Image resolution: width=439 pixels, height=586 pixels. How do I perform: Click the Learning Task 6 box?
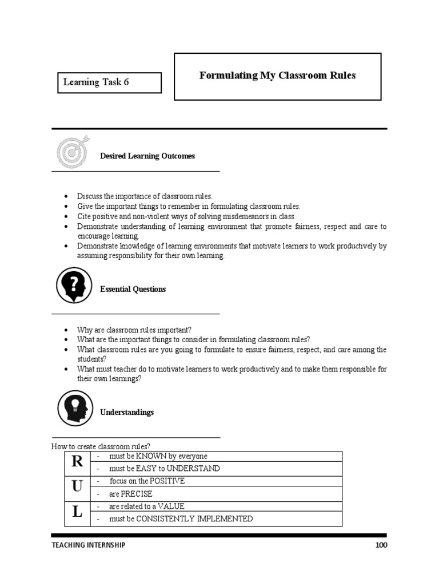click(x=109, y=82)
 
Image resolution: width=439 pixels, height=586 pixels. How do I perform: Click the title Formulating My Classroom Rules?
click(x=277, y=76)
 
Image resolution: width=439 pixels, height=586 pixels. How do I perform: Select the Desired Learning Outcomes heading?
click(x=147, y=156)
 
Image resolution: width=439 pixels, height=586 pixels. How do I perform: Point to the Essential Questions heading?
click(x=133, y=290)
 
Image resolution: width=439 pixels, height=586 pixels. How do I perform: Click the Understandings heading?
click(x=127, y=413)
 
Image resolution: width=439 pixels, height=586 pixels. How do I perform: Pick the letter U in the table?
click(x=77, y=487)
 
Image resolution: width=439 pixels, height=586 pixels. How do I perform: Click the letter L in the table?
click(x=77, y=513)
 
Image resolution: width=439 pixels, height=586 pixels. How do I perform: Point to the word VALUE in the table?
click(x=171, y=506)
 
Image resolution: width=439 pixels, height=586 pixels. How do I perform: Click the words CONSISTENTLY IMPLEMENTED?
click(x=194, y=519)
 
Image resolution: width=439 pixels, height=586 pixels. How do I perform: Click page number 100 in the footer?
click(x=381, y=545)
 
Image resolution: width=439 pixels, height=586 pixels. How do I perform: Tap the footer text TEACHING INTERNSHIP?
click(x=88, y=545)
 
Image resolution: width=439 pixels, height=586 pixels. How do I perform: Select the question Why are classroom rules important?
click(x=135, y=330)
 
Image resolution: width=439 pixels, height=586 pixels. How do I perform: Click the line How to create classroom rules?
click(x=101, y=446)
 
